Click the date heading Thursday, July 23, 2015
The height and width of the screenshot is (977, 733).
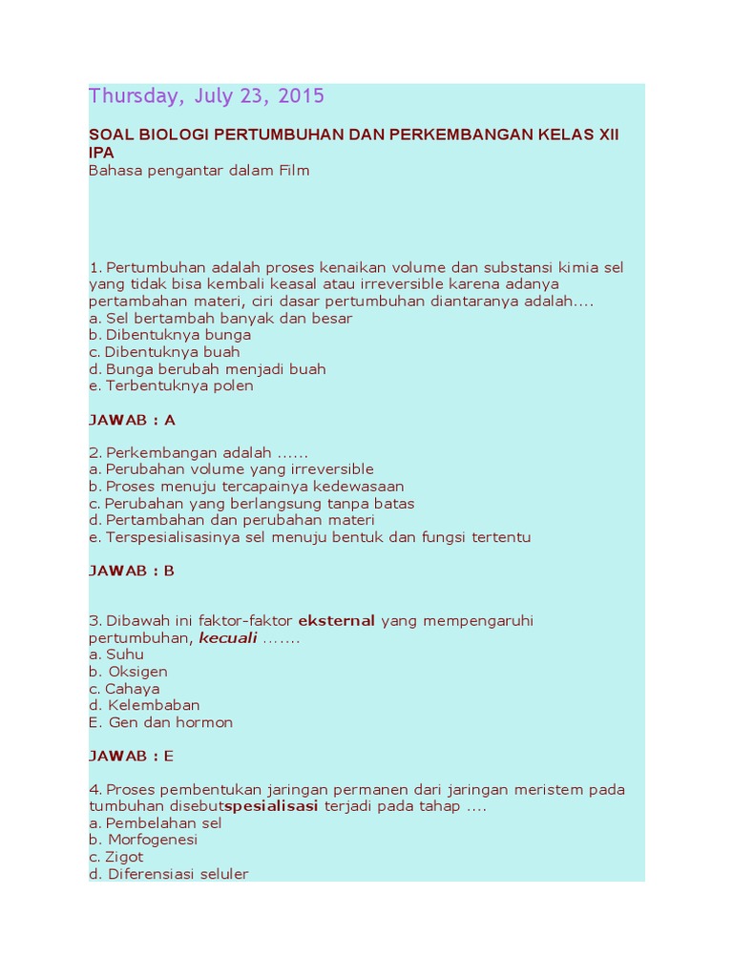(x=206, y=96)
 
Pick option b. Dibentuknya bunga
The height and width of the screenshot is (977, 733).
(x=170, y=335)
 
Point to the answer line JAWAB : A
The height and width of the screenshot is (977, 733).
(x=132, y=420)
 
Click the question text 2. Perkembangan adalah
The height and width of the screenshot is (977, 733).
(x=199, y=452)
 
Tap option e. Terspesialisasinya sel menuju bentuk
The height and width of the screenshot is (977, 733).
(x=309, y=537)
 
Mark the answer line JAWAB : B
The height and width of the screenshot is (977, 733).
(x=132, y=571)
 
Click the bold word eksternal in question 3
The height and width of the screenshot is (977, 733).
(x=337, y=621)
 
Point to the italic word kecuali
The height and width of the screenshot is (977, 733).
(x=228, y=638)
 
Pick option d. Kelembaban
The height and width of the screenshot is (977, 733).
(x=144, y=705)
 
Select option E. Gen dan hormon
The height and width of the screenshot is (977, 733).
(x=160, y=722)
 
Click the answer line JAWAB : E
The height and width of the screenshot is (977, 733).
(x=132, y=756)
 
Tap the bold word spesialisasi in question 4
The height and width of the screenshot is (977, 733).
(x=271, y=806)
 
